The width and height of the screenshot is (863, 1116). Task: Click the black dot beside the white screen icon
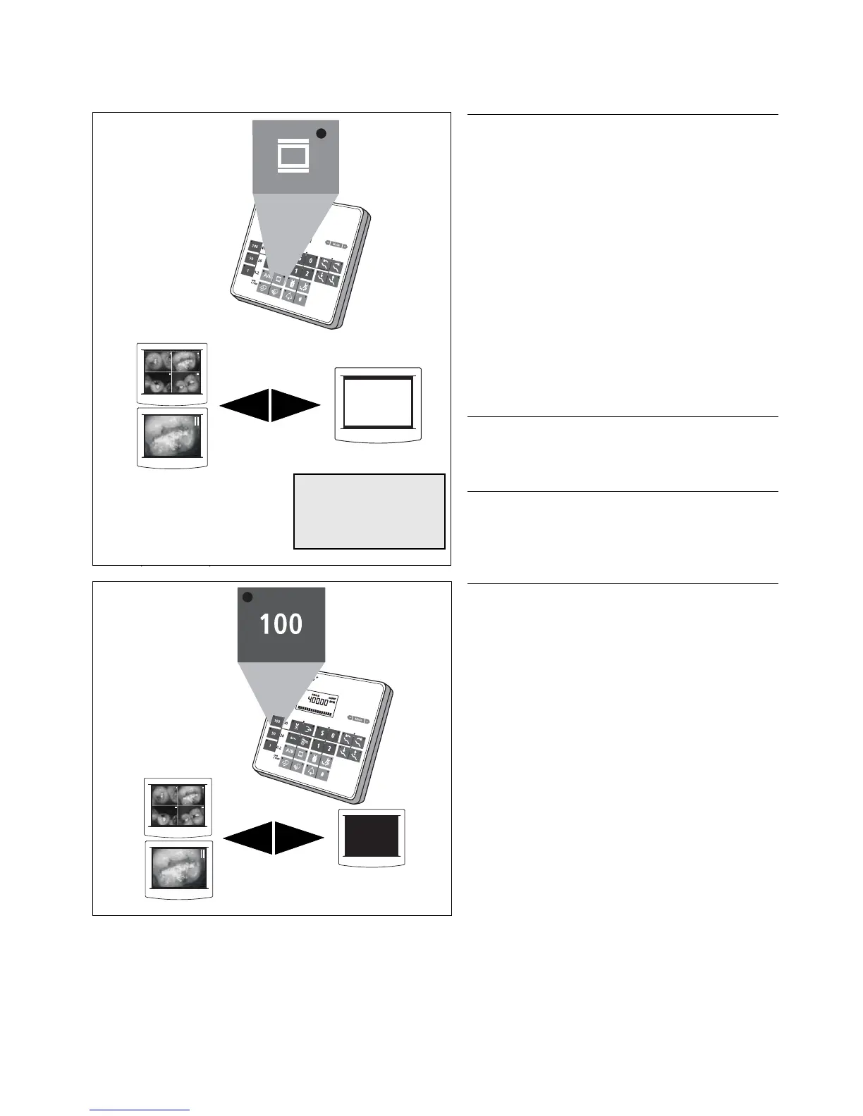[x=321, y=133]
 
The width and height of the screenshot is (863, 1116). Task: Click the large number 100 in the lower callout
[x=281, y=624]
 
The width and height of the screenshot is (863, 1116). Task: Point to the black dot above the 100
[x=247, y=597]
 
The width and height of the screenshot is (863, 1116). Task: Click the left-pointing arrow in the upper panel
[x=244, y=405]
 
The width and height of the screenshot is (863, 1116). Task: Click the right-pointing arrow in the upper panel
[x=295, y=405]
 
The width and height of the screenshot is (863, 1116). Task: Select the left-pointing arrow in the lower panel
[x=247, y=838]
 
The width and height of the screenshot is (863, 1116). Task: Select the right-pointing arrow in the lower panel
[x=299, y=838]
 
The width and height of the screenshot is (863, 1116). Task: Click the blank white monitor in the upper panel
[x=378, y=404]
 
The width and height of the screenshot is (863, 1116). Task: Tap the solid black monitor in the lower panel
[x=372, y=836]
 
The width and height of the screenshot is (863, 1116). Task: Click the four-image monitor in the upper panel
[x=172, y=373]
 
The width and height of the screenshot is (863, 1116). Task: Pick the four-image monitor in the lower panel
[x=178, y=806]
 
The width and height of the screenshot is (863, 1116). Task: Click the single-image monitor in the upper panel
[x=172, y=437]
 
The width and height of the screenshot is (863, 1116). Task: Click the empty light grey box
[x=369, y=511]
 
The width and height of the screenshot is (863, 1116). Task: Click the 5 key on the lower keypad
[x=322, y=734]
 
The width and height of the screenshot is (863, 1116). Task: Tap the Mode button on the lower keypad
[x=358, y=719]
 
